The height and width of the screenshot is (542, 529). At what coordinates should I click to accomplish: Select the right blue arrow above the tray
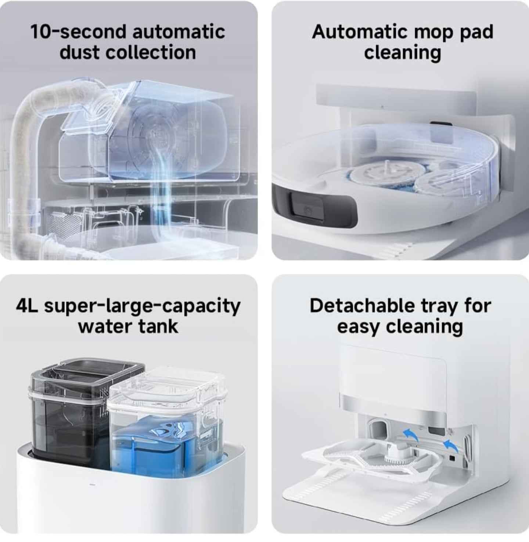tap(450, 446)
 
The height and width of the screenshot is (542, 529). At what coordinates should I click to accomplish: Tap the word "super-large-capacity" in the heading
tap(142, 307)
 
